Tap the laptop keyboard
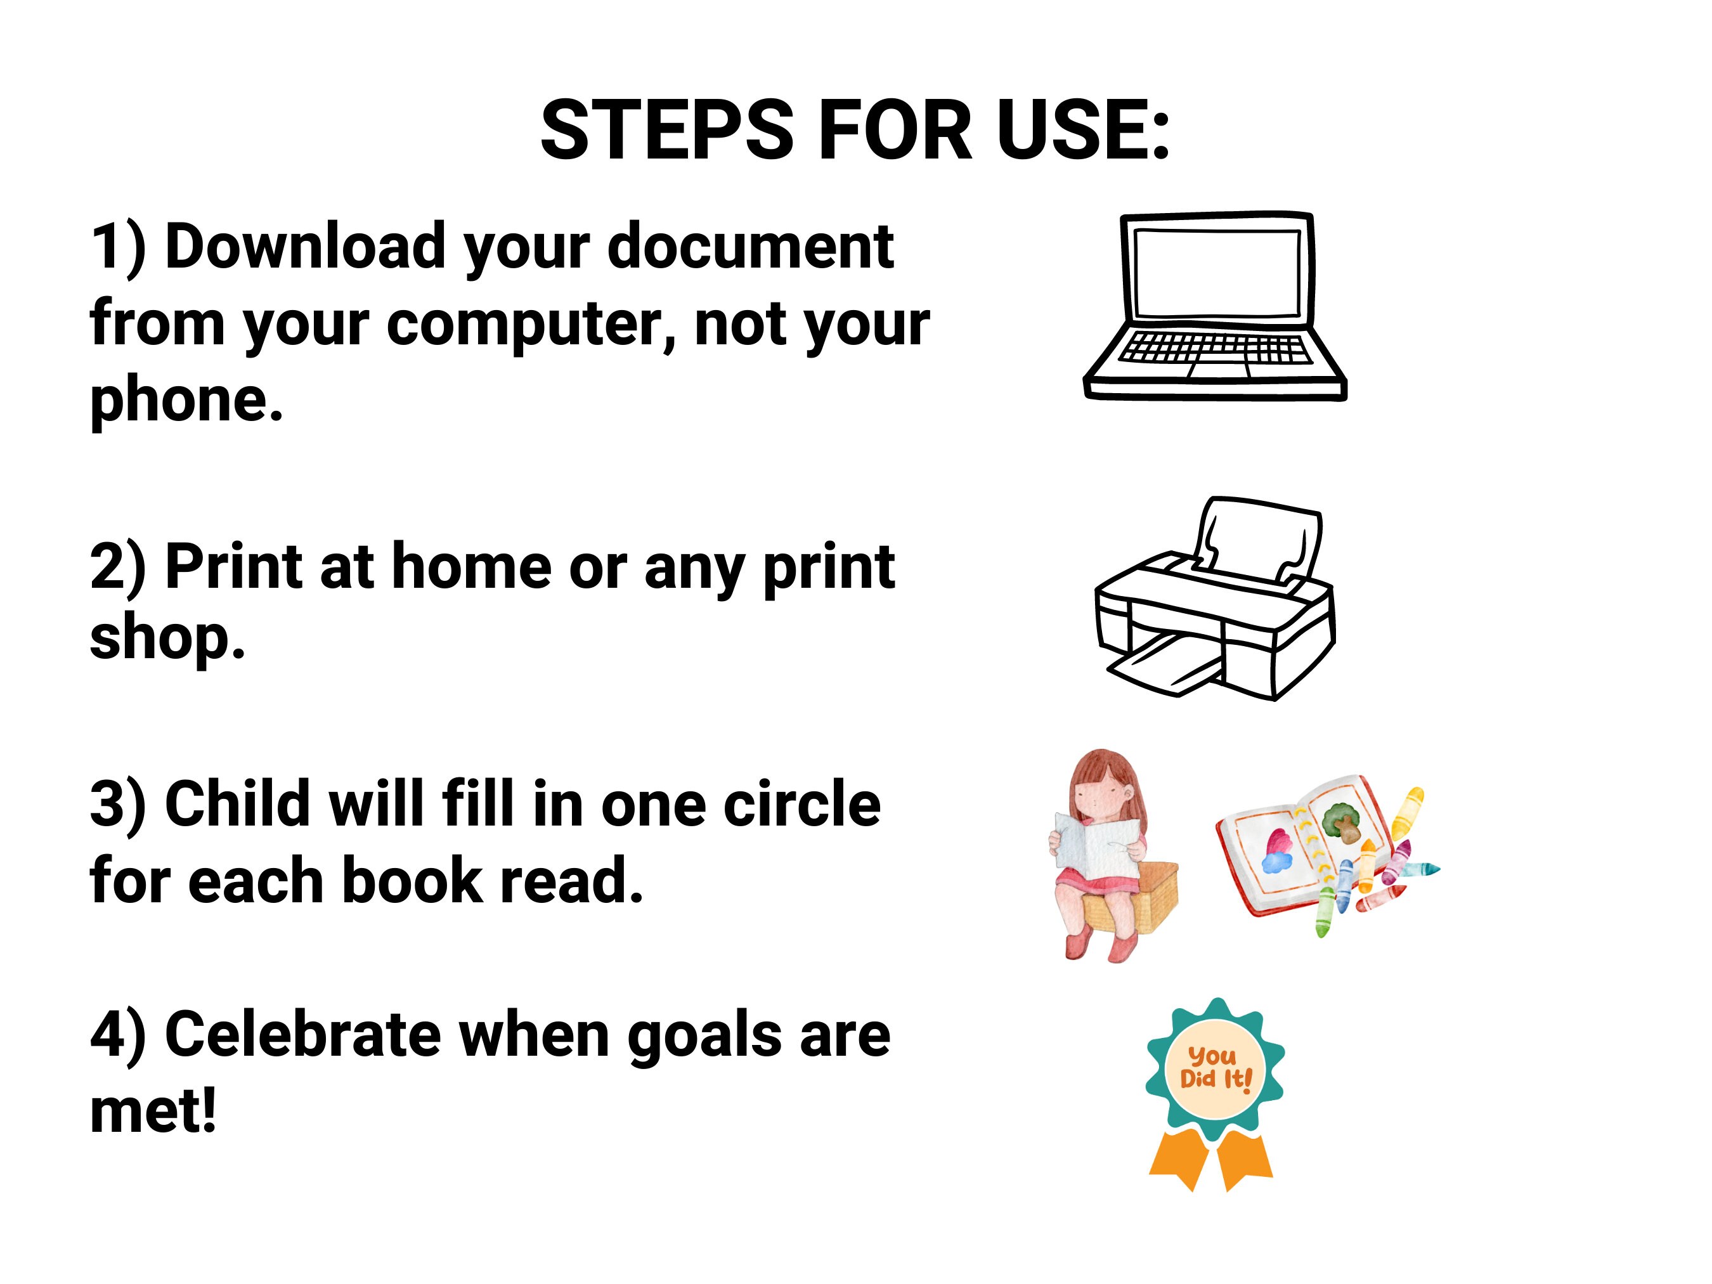1215,348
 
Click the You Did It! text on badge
1214,1067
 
